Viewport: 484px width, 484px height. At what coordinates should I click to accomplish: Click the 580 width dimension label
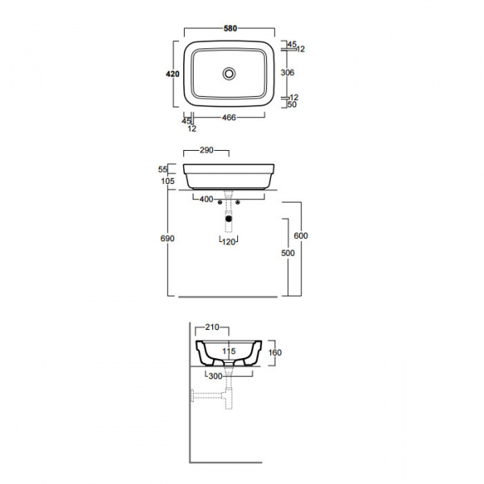click(230, 28)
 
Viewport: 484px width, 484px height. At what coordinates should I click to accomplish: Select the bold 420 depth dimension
click(173, 74)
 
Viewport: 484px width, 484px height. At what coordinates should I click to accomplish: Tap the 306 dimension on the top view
click(287, 73)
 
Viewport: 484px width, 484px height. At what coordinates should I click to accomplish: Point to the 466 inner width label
click(229, 118)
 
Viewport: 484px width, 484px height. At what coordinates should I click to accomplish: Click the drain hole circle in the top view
click(229, 73)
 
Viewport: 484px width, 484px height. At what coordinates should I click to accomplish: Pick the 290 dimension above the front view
click(207, 150)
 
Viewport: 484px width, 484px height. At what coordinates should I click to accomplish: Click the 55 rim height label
click(163, 169)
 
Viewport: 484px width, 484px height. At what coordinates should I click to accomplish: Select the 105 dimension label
click(168, 181)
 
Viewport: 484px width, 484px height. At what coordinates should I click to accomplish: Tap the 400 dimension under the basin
click(207, 199)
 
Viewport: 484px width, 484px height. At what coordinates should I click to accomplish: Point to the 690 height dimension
click(167, 239)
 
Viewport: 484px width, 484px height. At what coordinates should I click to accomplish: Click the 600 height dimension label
click(301, 236)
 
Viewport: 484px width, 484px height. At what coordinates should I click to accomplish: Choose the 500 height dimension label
click(288, 253)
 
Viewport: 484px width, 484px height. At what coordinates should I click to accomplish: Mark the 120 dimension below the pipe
click(229, 242)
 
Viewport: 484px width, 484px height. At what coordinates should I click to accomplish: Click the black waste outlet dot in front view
click(228, 219)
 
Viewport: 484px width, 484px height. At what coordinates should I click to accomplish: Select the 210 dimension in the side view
click(212, 328)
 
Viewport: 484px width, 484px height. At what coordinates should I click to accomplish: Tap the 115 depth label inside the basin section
click(229, 351)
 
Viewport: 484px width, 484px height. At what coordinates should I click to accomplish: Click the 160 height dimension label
click(275, 353)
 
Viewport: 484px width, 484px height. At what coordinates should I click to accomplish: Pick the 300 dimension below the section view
click(215, 376)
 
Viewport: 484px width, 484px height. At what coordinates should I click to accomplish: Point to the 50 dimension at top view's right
click(292, 105)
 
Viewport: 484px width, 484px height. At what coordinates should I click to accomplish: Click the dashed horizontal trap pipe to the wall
click(207, 395)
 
